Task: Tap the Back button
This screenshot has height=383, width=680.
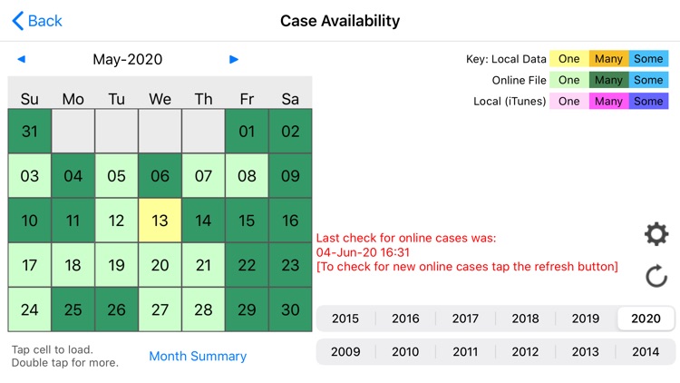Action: pyautogui.click(x=37, y=20)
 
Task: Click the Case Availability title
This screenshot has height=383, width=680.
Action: pyautogui.click(x=340, y=20)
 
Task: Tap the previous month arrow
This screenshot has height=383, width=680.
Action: pyautogui.click(x=22, y=60)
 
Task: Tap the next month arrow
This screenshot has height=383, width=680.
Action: pyautogui.click(x=234, y=60)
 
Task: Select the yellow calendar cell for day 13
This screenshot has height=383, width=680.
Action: pyautogui.click(x=160, y=221)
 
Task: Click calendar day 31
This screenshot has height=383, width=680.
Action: pyautogui.click(x=30, y=132)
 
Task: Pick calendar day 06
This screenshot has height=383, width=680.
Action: pyautogui.click(x=160, y=176)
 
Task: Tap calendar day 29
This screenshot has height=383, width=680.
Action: pyautogui.click(x=247, y=309)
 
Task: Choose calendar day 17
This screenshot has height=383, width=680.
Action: pyautogui.click(x=30, y=265)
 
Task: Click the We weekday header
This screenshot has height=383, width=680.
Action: pyautogui.click(x=160, y=99)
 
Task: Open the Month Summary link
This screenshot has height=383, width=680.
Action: pyautogui.click(x=198, y=357)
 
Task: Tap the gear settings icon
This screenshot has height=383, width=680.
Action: pyautogui.click(x=656, y=234)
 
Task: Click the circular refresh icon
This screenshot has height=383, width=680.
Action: pyautogui.click(x=656, y=276)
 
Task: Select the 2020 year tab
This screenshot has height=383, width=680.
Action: pyautogui.click(x=646, y=319)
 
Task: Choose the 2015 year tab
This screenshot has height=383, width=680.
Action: pyautogui.click(x=345, y=319)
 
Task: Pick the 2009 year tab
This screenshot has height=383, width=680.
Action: pyautogui.click(x=345, y=352)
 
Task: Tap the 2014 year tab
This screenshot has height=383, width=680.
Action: pyautogui.click(x=646, y=352)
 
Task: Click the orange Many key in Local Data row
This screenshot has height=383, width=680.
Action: pyautogui.click(x=608, y=59)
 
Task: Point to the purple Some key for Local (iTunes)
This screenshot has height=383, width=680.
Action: pyautogui.click(x=648, y=102)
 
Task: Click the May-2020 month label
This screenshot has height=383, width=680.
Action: pyautogui.click(x=128, y=60)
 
